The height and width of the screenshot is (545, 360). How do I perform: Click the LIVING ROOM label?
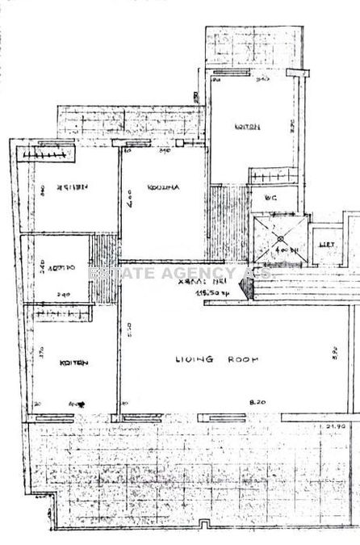[x=208, y=359]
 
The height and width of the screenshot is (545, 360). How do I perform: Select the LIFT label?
[x=327, y=243]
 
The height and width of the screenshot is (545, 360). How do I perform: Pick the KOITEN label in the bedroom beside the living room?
[x=74, y=363]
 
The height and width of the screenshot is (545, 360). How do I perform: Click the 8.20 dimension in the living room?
[x=257, y=400]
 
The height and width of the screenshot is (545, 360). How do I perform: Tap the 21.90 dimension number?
[x=336, y=425]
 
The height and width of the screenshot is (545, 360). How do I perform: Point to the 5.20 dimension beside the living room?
[x=129, y=331]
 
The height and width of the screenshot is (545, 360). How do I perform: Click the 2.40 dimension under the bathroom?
[x=65, y=294]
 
